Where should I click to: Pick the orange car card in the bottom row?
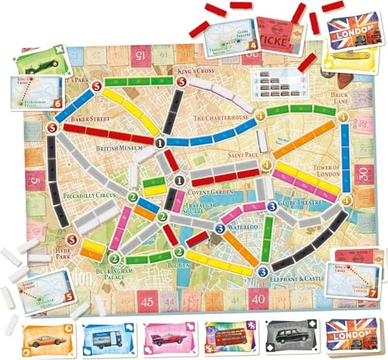click(43, 337)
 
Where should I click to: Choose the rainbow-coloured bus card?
click(221, 337)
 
